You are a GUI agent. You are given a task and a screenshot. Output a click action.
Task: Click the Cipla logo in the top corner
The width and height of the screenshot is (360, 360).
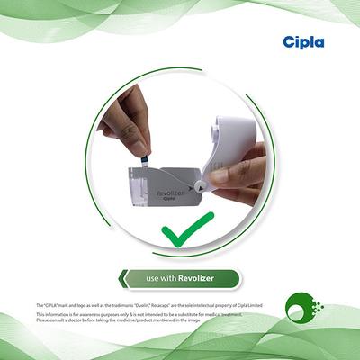pyautogui.click(x=302, y=42)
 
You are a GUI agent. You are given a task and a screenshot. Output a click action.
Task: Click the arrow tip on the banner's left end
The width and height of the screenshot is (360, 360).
pyautogui.click(x=122, y=279)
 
